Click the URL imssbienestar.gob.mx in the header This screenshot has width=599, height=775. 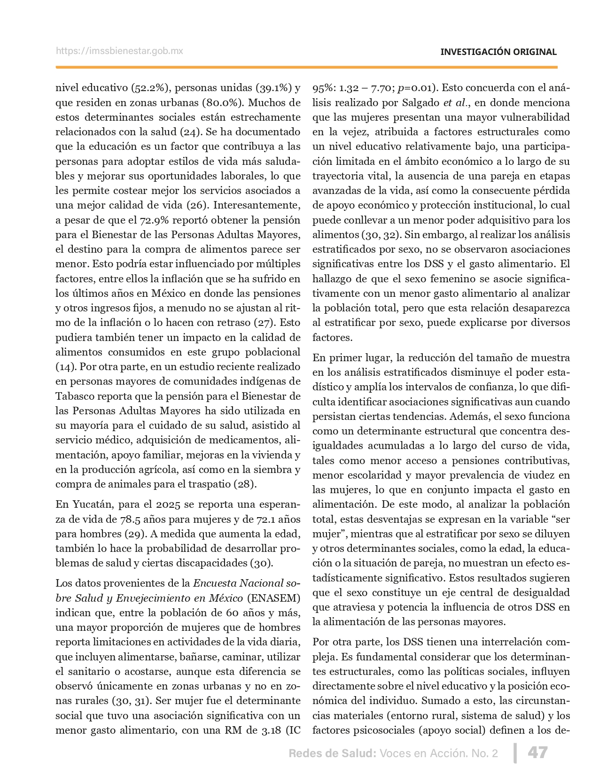[119, 51]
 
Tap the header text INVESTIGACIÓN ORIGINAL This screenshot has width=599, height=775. [498, 52]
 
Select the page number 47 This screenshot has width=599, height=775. [537, 752]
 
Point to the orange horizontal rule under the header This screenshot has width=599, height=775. [306, 67]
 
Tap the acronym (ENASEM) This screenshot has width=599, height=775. [273, 598]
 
